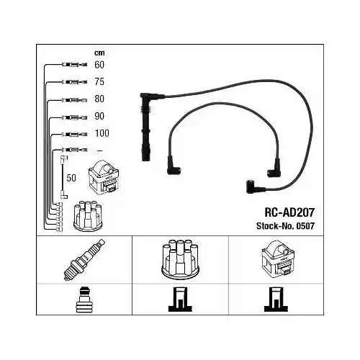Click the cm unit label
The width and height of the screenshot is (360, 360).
click(99, 53)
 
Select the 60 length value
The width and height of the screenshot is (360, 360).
click(99, 65)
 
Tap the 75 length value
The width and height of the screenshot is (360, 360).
click(99, 82)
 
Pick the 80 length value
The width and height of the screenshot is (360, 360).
click(99, 99)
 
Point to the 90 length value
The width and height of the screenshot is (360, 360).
click(99, 116)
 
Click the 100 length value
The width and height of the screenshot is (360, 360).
click(102, 133)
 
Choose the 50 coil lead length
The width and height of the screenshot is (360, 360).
click(71, 178)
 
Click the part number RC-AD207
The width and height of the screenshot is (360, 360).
click(289, 212)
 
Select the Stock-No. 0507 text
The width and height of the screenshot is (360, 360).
click(285, 226)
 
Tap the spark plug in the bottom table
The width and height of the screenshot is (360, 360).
click(84, 260)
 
